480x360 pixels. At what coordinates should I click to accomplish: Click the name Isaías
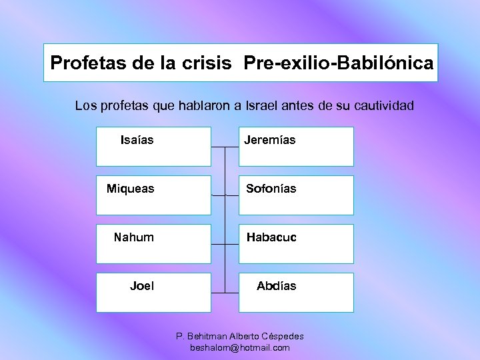[x=137, y=140]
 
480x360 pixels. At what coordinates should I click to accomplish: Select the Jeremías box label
[x=269, y=140]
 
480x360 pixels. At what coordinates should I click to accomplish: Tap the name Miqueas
[x=130, y=189]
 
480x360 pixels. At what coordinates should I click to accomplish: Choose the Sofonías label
[x=271, y=189]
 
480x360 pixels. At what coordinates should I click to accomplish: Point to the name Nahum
[x=133, y=237]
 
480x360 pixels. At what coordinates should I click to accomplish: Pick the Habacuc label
[x=271, y=237]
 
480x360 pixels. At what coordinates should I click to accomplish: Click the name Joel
[x=141, y=286]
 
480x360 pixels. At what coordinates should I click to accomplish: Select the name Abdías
[x=277, y=286]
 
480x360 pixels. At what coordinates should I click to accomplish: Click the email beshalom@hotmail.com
[x=240, y=348]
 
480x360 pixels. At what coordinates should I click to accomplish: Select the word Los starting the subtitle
[x=85, y=105]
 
